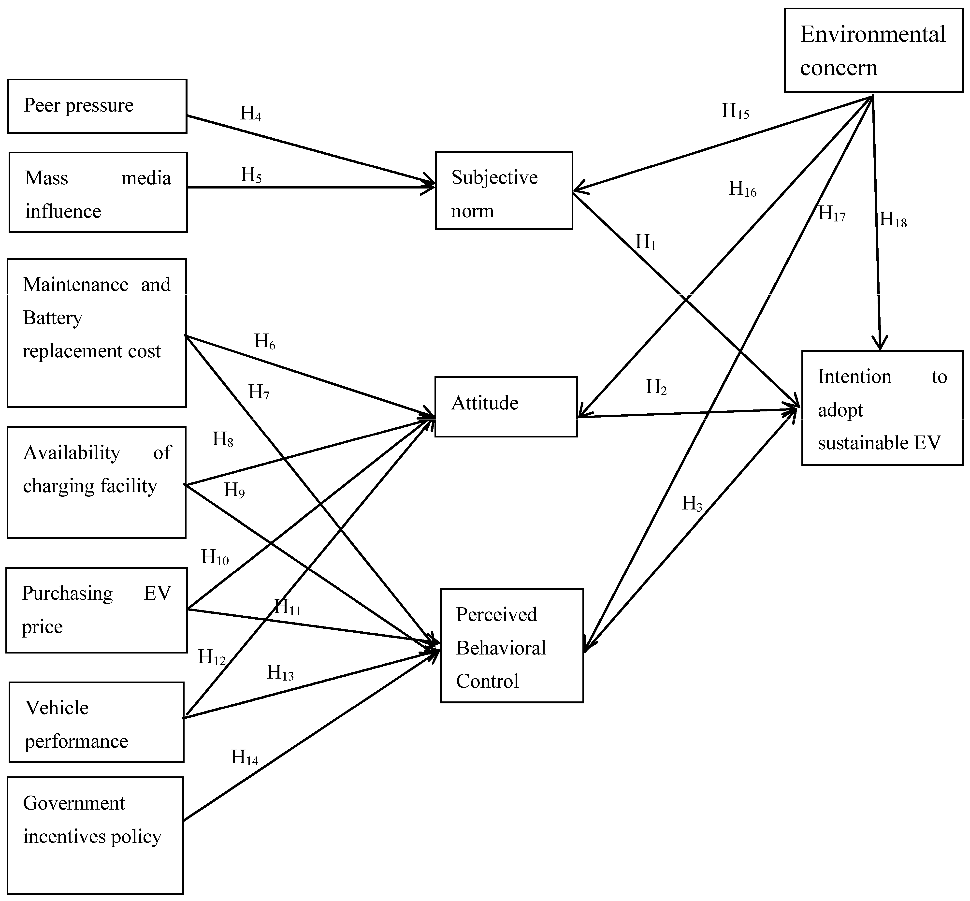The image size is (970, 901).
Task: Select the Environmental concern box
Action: click(873, 50)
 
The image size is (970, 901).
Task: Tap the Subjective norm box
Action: click(504, 190)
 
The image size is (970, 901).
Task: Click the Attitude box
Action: click(506, 407)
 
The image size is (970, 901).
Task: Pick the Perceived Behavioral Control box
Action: click(511, 646)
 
